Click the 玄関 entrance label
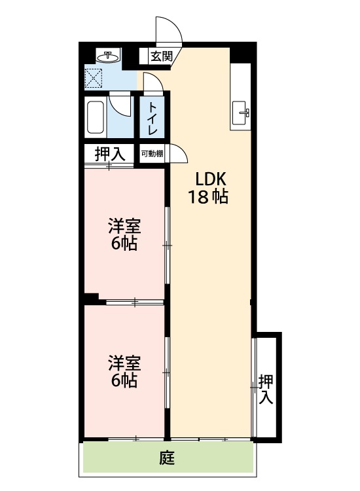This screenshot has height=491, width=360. [161, 56]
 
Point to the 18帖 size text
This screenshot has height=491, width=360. [208, 196]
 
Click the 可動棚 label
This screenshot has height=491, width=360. [152, 155]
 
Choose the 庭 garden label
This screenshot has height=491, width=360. [167, 459]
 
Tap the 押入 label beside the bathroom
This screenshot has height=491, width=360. [109, 155]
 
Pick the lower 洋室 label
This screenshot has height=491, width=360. [124, 363]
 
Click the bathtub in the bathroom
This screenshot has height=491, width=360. [96, 118]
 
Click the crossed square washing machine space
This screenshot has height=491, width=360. [94, 78]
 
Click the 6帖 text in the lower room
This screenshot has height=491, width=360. [124, 380]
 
